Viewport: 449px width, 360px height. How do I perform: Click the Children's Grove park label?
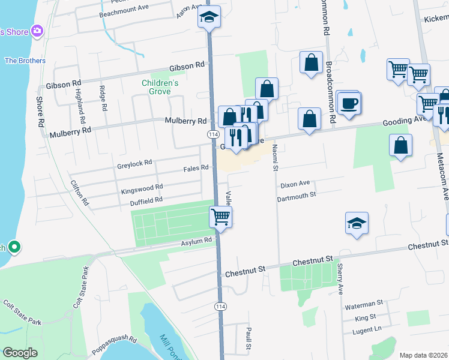coord(156,87)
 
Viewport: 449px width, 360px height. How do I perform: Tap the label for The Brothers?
coord(25,61)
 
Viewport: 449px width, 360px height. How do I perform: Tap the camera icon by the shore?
coord(37,31)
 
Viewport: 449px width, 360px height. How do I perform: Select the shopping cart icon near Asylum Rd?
coord(220,217)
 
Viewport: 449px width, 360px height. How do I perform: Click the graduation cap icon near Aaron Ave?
coord(209,17)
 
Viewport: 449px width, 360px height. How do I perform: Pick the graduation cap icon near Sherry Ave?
coord(357,224)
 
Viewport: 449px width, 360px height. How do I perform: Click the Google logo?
coord(20,352)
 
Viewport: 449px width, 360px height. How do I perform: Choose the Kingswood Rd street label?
coord(142,187)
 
